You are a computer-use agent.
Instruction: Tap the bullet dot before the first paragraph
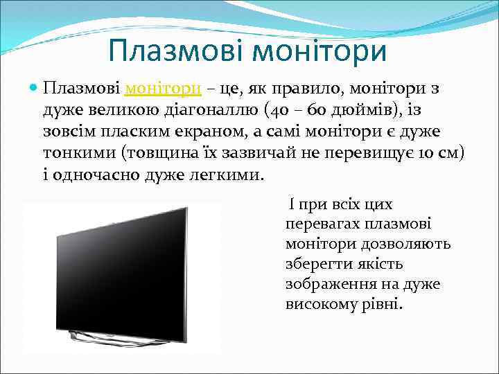click(34, 89)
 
